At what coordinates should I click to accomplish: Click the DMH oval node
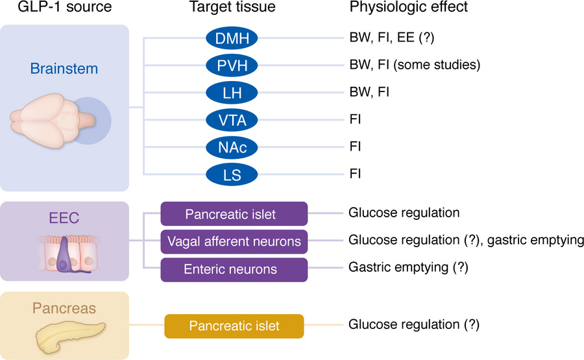pyautogui.click(x=232, y=38)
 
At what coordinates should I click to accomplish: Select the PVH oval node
pyautogui.click(x=232, y=65)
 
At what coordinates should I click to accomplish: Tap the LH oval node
pyautogui.click(x=232, y=92)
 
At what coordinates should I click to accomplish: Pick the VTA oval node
pyautogui.click(x=232, y=119)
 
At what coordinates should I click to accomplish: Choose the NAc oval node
pyautogui.click(x=232, y=147)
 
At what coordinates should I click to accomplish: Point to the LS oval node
pyautogui.click(x=232, y=174)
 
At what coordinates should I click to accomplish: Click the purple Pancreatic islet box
pyautogui.click(x=234, y=213)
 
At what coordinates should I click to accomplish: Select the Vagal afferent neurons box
pyautogui.click(x=234, y=241)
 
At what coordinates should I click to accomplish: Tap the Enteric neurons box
pyautogui.click(x=234, y=269)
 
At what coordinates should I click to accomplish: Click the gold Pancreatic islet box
pyautogui.click(x=234, y=326)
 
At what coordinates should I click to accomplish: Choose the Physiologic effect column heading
pyautogui.click(x=408, y=8)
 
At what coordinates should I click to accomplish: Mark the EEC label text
pyautogui.click(x=65, y=219)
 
